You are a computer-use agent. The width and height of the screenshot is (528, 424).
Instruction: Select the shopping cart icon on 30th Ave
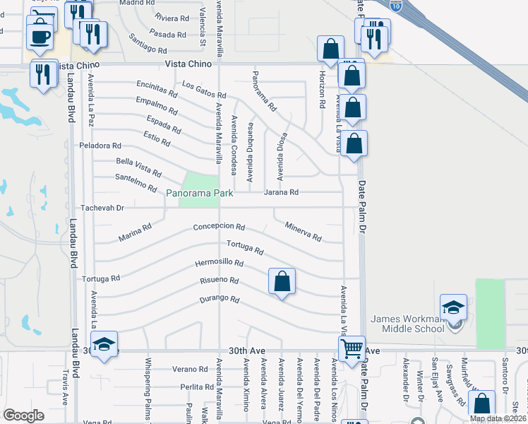pos(351,348)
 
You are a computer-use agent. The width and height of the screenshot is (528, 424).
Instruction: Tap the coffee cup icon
pos(40,36)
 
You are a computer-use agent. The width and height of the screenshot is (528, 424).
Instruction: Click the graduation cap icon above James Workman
pos(453,307)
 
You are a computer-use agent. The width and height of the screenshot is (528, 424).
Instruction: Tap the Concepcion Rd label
pos(219,228)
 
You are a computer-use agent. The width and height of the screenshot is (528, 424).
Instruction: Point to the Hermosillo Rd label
pos(220,264)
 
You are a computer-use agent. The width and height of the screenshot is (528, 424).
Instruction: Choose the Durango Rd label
pos(219,298)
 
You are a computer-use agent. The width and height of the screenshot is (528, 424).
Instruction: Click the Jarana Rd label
pos(281,192)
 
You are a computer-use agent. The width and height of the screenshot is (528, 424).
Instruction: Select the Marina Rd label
pos(136,232)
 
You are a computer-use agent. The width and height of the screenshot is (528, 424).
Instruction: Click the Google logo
pos(23,416)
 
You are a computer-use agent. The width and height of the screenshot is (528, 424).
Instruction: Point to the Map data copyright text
pos(498,418)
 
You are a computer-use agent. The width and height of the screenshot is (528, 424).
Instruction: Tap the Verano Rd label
pos(188,370)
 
